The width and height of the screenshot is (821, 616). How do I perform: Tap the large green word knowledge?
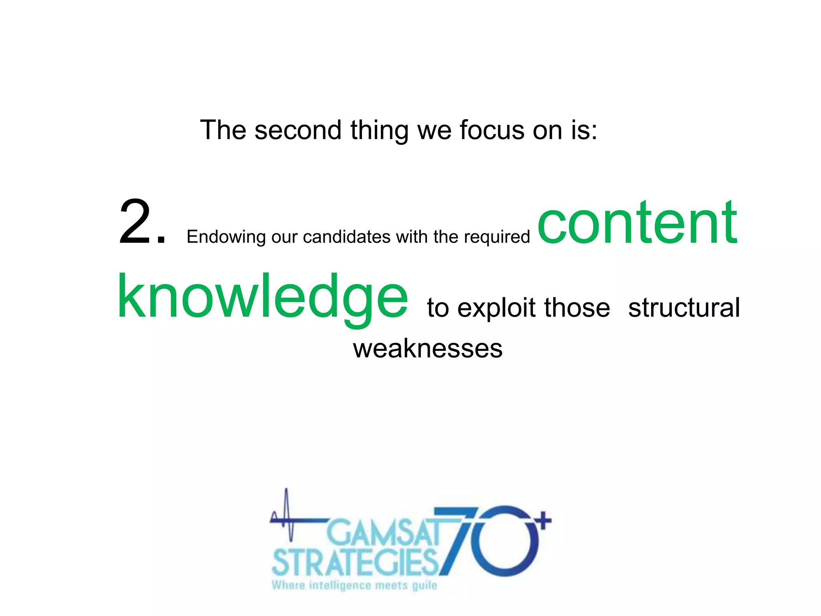pos(263,297)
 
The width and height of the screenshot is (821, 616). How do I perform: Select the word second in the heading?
pos(298,130)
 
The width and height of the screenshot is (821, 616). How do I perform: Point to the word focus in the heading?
pos(491,130)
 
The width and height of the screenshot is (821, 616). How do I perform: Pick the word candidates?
pos(346,237)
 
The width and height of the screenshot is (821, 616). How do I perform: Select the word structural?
pos(684,308)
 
